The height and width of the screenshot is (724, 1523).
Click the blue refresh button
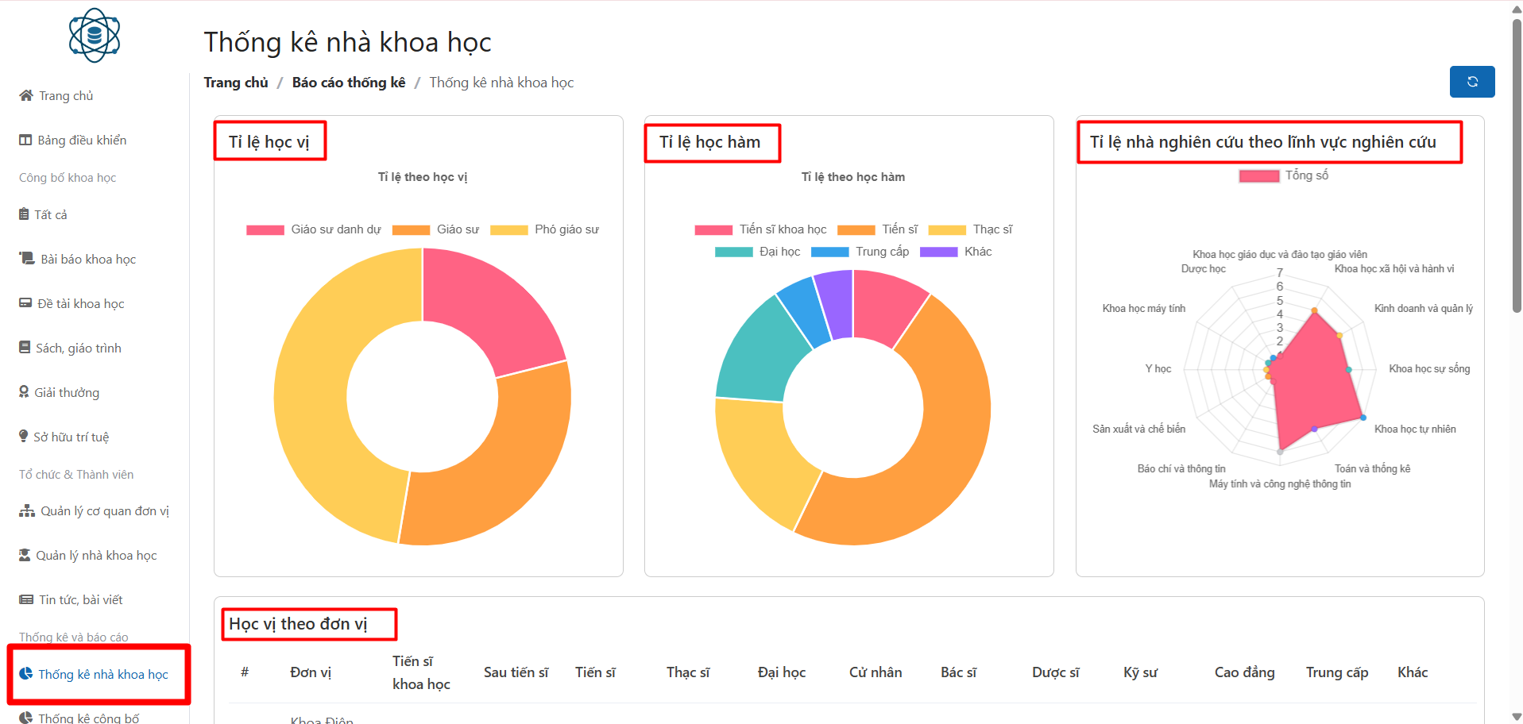1471,82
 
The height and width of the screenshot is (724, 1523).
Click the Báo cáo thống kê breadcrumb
348,83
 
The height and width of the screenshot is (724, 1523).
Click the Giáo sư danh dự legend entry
314,229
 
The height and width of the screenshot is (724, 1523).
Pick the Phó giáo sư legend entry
545,229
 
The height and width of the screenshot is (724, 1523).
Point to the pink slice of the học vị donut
489,310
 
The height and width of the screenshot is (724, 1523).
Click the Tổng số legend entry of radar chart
1284,175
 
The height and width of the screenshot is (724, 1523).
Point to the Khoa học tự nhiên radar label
1415,429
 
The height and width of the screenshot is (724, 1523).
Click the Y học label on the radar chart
1158,369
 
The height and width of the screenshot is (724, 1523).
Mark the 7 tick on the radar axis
1280,273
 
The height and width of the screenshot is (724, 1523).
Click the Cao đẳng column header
1244,672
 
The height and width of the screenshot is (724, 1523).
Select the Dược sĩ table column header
1055,672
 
